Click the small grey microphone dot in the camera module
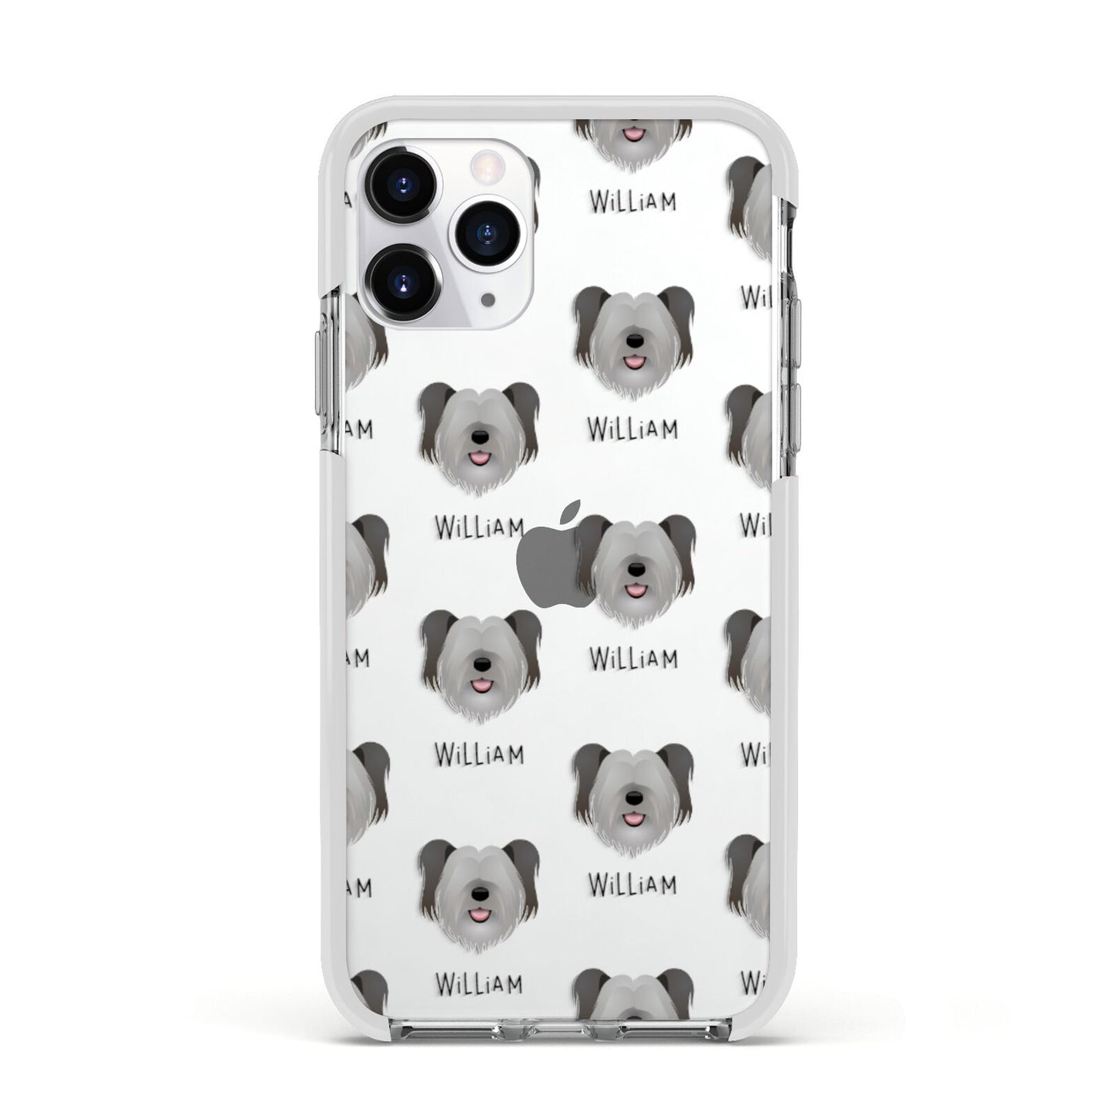[488, 297]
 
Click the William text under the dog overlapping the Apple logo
[633, 659]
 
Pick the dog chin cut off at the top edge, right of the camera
[633, 139]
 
